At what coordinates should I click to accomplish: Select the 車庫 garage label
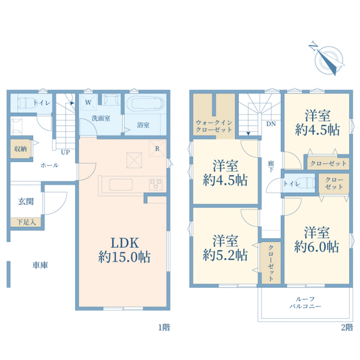click(x=40, y=265)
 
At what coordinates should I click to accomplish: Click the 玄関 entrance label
click(x=26, y=202)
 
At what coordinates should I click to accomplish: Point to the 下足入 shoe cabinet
click(x=26, y=222)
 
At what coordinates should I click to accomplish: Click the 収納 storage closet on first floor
click(x=20, y=149)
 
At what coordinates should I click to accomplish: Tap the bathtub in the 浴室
click(x=145, y=104)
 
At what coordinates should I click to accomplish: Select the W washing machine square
click(x=88, y=102)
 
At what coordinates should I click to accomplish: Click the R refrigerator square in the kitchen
click(x=157, y=148)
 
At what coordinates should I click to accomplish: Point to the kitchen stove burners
click(x=155, y=184)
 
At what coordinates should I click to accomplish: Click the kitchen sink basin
click(x=121, y=185)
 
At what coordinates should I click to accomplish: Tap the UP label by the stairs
click(x=65, y=152)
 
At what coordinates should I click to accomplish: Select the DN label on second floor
click(x=271, y=124)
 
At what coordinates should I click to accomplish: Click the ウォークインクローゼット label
click(x=214, y=126)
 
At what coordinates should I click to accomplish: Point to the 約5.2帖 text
click(x=225, y=255)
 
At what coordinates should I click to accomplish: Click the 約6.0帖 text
click(x=316, y=247)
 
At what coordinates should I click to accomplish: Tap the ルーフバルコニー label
click(x=305, y=302)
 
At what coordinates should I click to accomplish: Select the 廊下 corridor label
click(x=271, y=166)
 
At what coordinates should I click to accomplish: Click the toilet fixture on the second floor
click(x=306, y=183)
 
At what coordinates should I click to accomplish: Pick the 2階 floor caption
click(x=347, y=328)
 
